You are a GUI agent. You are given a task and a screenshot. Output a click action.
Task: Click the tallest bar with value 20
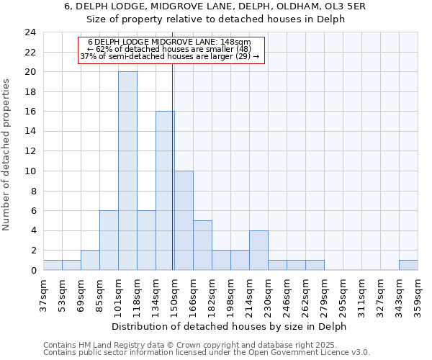[127, 171]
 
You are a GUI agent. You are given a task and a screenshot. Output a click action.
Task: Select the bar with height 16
[165, 191]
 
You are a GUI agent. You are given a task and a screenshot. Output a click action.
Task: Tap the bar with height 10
[184, 220]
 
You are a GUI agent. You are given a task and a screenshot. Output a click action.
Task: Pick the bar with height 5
[202, 245]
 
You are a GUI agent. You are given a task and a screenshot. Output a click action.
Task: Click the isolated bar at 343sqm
[408, 265]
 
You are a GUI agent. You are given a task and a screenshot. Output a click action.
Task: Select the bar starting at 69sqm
[90, 260]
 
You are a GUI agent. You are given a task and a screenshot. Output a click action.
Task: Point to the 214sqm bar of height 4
[258, 250]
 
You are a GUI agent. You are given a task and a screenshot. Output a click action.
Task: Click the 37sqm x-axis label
[44, 294]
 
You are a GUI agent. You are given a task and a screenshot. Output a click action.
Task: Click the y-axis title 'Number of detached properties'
[7, 154]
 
